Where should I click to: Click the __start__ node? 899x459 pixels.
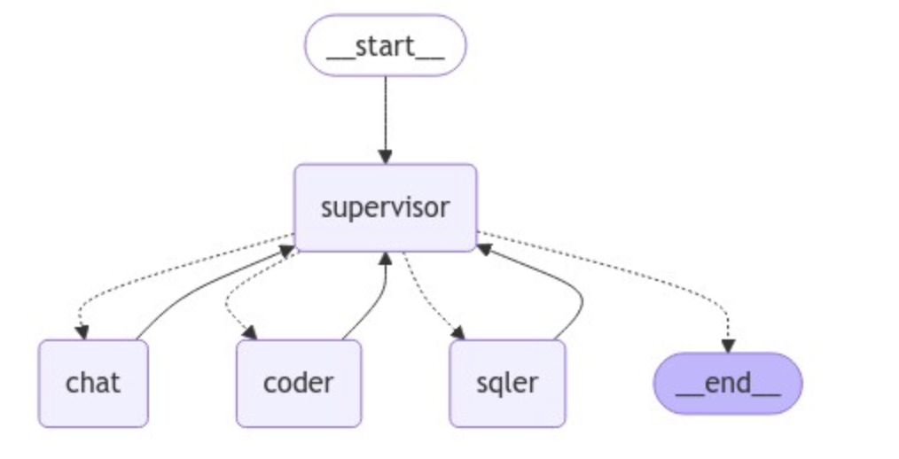click(385, 45)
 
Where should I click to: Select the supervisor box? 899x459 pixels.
click(385, 207)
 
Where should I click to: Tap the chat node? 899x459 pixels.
click(93, 383)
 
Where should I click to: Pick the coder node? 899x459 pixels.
click(299, 383)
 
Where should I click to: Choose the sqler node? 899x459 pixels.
click(507, 383)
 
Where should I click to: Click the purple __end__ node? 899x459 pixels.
click(727, 384)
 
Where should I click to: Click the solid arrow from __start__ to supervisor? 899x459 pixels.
click(385, 115)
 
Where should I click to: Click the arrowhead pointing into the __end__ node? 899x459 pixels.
click(727, 346)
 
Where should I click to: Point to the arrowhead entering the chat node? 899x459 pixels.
click(82, 333)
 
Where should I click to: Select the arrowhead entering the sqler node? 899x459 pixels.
click(458, 334)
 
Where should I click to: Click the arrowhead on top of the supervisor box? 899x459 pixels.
click(385, 157)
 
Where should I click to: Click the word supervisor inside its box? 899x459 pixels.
click(385, 207)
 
